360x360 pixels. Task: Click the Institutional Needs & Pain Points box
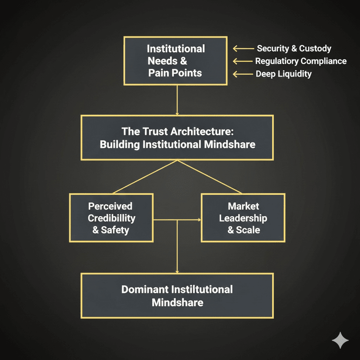[176, 60]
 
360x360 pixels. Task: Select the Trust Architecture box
[177, 137]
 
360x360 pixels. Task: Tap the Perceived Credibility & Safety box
[111, 217]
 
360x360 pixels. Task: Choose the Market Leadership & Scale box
[243, 217]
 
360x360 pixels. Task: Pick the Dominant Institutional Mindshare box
[177, 295]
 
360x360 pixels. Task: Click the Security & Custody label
[294, 49]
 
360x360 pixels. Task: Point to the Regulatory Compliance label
[300, 61]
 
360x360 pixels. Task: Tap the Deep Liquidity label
[283, 74]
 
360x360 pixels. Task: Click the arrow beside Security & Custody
[243, 49]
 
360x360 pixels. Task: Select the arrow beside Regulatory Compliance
[243, 61]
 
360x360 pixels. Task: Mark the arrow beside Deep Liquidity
[243, 74]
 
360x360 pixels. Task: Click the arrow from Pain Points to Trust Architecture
[177, 100]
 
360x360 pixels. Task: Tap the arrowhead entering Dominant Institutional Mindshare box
[177, 271]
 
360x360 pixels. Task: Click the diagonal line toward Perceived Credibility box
[145, 177]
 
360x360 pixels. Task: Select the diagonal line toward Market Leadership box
[209, 177]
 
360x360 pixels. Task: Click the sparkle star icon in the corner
[340, 340]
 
